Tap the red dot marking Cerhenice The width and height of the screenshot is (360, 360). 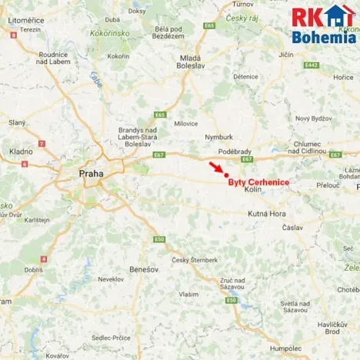[x=225, y=175]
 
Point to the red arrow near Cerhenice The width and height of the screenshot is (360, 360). [x=215, y=168]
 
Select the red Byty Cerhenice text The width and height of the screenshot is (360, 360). [x=258, y=182]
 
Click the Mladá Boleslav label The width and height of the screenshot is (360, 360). [x=190, y=62]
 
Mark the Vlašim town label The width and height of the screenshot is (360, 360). [x=188, y=294]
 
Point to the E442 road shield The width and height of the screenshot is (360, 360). [x=311, y=65]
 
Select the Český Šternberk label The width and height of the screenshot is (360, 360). [x=190, y=260]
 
